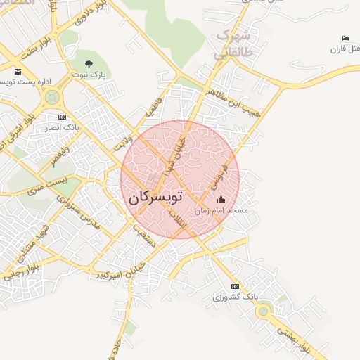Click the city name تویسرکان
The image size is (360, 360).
[155, 198]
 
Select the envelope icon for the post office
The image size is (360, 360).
[18, 72]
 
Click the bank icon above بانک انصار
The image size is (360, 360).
[63, 117]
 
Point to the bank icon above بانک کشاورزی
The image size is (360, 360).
[235, 286]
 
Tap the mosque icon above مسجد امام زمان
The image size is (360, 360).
[221, 200]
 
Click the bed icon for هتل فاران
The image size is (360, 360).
[345, 38]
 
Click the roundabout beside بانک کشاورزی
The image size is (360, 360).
[263, 310]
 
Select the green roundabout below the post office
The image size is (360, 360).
[51, 99]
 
